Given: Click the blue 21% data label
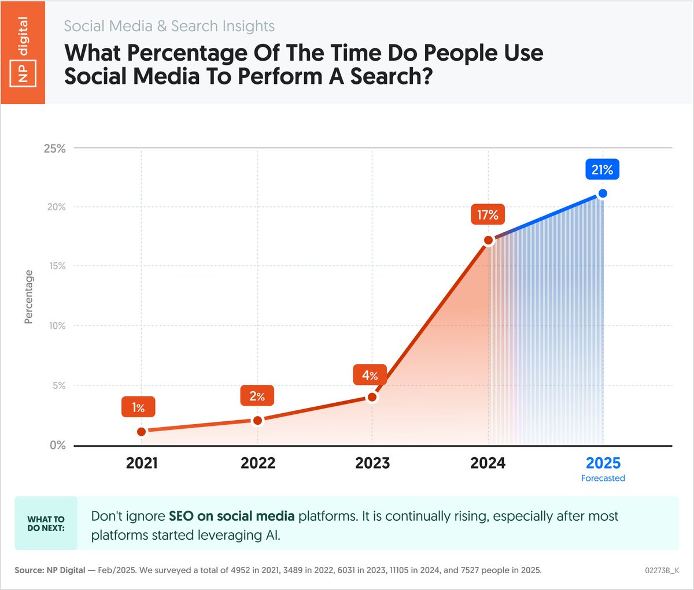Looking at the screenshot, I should [602, 170].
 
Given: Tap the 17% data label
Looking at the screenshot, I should [488, 215].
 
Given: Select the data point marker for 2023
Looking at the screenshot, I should [372, 397].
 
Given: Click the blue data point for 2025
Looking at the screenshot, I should [603, 194].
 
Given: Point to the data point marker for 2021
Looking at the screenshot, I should [142, 432].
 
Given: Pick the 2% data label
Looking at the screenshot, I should [257, 396].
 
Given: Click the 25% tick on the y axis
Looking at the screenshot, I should [55, 149].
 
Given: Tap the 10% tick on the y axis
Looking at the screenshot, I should [56, 326].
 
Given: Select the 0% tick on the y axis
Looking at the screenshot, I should [57, 446].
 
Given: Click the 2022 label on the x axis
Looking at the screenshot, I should [258, 463].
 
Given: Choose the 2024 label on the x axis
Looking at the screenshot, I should [488, 463].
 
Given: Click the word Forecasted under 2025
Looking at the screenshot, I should [603, 478].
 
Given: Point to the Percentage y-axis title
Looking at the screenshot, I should [28, 297].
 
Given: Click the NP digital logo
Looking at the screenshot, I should [23, 52].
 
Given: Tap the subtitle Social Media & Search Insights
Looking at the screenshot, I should [169, 26].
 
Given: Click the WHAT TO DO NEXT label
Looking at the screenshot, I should [46, 524].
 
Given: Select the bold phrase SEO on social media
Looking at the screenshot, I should [231, 516].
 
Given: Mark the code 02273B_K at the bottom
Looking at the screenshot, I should [662, 570].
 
